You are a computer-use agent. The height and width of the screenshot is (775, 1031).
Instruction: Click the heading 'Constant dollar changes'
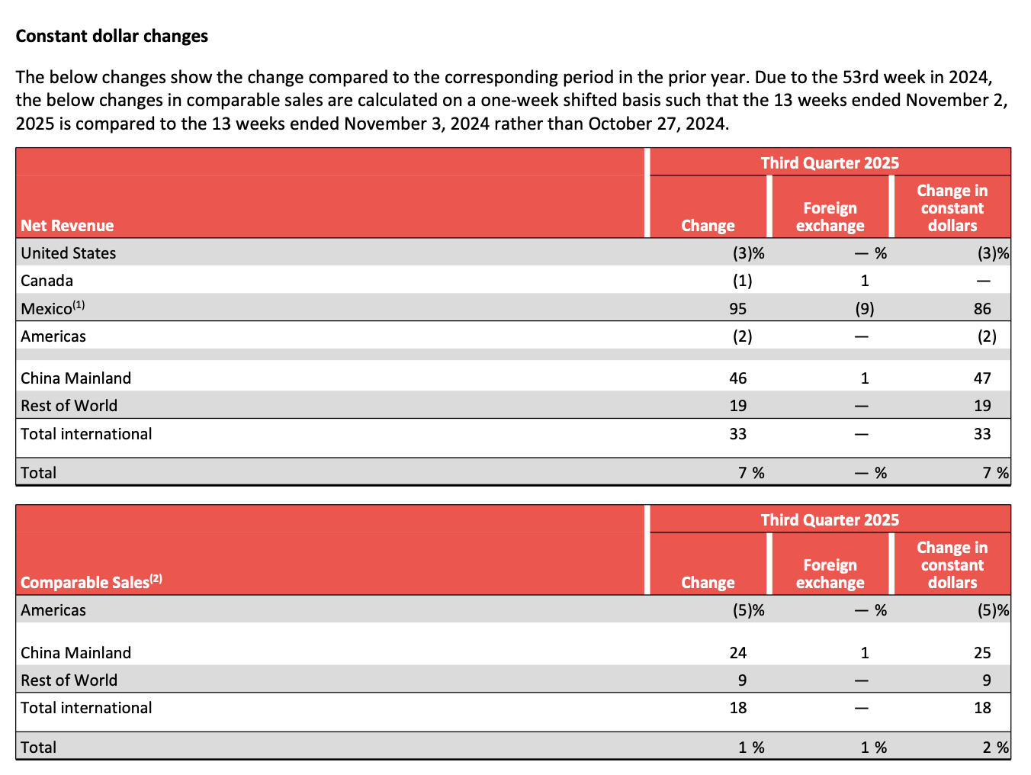pyautogui.click(x=112, y=37)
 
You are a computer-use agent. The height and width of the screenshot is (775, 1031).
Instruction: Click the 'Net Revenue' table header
pyautogui.click(x=67, y=226)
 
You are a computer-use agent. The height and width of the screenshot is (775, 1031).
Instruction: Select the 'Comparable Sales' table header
pyautogui.click(x=85, y=583)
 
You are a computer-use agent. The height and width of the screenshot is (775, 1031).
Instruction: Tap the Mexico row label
pyautogui.click(x=47, y=309)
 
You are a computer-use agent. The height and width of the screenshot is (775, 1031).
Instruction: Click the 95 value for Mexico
pyautogui.click(x=737, y=309)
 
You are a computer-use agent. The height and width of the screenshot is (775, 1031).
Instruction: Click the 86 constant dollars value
pyautogui.click(x=982, y=309)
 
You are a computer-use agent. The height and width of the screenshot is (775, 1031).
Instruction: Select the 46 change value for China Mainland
pyautogui.click(x=737, y=378)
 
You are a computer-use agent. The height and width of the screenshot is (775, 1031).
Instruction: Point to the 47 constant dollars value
pyautogui.click(x=982, y=378)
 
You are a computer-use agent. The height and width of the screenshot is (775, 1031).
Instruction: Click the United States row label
pyautogui.click(x=69, y=253)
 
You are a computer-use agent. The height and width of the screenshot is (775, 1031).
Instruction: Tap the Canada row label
pyautogui.click(x=47, y=281)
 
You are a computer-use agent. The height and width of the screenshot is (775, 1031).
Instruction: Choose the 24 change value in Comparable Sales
pyautogui.click(x=737, y=653)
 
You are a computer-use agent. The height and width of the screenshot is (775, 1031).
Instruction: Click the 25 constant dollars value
pyautogui.click(x=982, y=653)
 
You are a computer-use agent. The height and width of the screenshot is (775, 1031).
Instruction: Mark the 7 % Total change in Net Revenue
pyautogui.click(x=751, y=473)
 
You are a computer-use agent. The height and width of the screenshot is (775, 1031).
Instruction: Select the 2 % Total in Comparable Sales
pyautogui.click(x=995, y=748)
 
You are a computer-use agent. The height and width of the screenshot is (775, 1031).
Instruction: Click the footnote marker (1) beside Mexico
pyautogui.click(x=79, y=305)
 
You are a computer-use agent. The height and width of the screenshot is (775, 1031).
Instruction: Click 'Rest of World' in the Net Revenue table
pyautogui.click(x=69, y=406)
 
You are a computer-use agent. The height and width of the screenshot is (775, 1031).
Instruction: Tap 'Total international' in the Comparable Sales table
pyautogui.click(x=86, y=708)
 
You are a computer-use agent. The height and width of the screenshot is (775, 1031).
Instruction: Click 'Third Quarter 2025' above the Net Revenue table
pyautogui.click(x=830, y=162)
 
